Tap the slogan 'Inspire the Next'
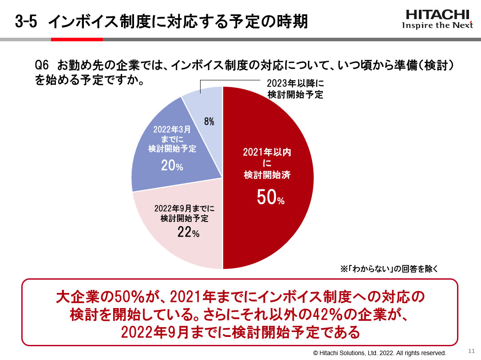click(x=438, y=25)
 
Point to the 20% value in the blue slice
click(x=172, y=166)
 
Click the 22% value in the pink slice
click(x=188, y=232)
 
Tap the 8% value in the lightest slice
click(x=209, y=122)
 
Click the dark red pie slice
click(x=275, y=146)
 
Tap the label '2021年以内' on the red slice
click(x=267, y=152)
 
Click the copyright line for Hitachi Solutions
click(x=379, y=353)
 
